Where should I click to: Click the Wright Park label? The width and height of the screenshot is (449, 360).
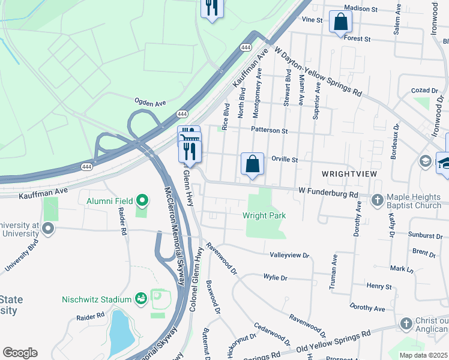point(264,215)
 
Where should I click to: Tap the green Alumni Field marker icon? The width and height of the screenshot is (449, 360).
point(142,200)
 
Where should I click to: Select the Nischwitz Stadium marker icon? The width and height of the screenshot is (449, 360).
point(141,298)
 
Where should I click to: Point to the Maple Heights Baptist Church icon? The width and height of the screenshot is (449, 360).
point(377,199)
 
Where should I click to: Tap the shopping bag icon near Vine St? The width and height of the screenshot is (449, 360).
point(340,22)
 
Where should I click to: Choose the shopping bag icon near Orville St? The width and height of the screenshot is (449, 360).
point(252,163)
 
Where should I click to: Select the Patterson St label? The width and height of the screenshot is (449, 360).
point(270,130)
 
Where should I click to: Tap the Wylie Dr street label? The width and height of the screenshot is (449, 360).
point(276,278)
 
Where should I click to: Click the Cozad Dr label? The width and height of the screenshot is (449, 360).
point(425,90)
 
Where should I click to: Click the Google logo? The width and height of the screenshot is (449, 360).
point(20,353)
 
